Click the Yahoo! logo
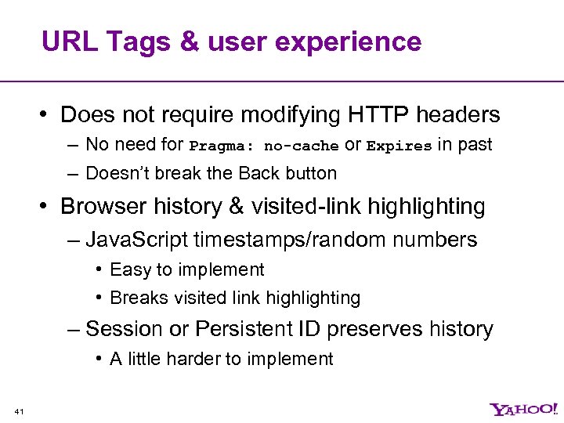(524, 409)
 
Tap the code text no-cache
(301, 146)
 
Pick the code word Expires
(399, 146)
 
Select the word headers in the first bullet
(457, 115)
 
